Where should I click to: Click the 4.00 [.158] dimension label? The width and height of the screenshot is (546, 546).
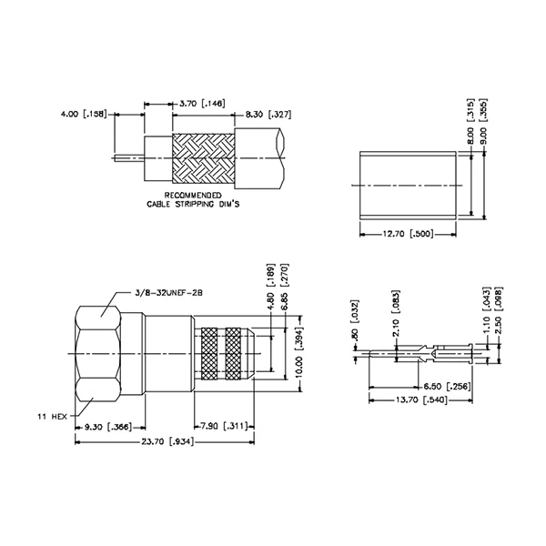point(83,115)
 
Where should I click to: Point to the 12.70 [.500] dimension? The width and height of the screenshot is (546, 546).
point(406,234)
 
